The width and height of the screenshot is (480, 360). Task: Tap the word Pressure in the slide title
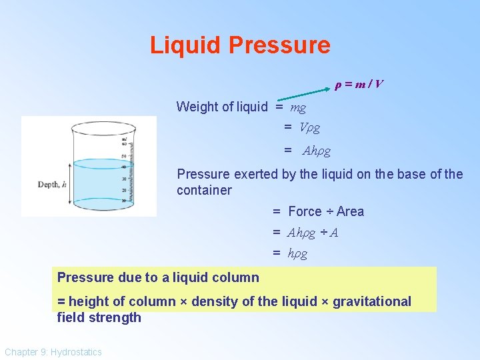[279, 45]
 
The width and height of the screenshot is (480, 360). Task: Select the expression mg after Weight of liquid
[298, 107]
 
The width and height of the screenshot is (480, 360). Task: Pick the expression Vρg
[309, 127]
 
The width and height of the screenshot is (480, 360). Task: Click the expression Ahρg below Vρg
[317, 151]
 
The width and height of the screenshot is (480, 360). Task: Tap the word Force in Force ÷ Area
[305, 211]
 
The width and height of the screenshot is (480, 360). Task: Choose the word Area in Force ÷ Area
[350, 211]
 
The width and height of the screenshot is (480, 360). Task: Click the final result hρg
[297, 253]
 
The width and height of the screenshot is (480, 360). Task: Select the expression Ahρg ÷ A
[313, 233]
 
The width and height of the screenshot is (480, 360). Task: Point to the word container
[204, 191]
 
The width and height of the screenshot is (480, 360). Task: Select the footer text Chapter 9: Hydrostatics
[53, 351]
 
